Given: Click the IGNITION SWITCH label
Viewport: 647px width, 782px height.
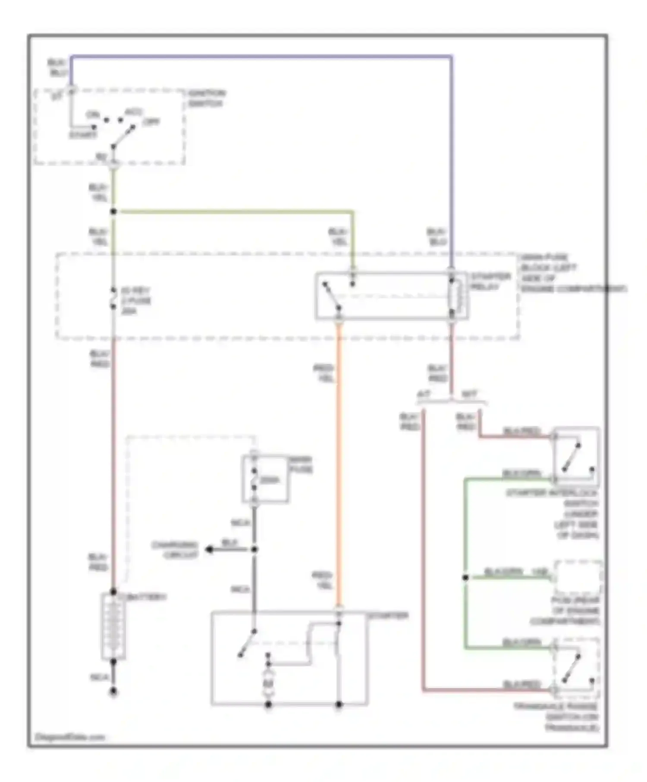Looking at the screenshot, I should point(207,99).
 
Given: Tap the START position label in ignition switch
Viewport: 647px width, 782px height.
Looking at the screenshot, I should point(83,135).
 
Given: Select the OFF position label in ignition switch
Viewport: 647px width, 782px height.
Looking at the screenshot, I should point(151,122).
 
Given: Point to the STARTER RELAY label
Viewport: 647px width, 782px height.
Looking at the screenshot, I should point(490,282).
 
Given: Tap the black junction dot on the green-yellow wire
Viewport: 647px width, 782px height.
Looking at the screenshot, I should point(113,212).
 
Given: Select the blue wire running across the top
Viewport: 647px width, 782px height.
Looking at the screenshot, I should point(259,56).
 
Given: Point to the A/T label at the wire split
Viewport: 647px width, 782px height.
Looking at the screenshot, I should point(424,394).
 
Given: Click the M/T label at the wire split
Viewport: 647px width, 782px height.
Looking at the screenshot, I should point(469,394).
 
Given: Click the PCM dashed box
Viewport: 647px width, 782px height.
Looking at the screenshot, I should point(578,578).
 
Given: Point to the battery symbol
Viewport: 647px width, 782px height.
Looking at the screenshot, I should point(113,627).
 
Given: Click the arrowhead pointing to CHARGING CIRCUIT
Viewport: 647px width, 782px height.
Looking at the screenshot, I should point(209,550).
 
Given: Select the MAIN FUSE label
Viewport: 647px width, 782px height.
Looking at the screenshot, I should point(301,465).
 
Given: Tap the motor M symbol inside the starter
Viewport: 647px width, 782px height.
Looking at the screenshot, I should point(268,683).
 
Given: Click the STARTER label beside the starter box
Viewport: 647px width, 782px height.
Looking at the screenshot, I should point(388,616).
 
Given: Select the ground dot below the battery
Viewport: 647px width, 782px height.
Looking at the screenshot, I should point(113,691).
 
